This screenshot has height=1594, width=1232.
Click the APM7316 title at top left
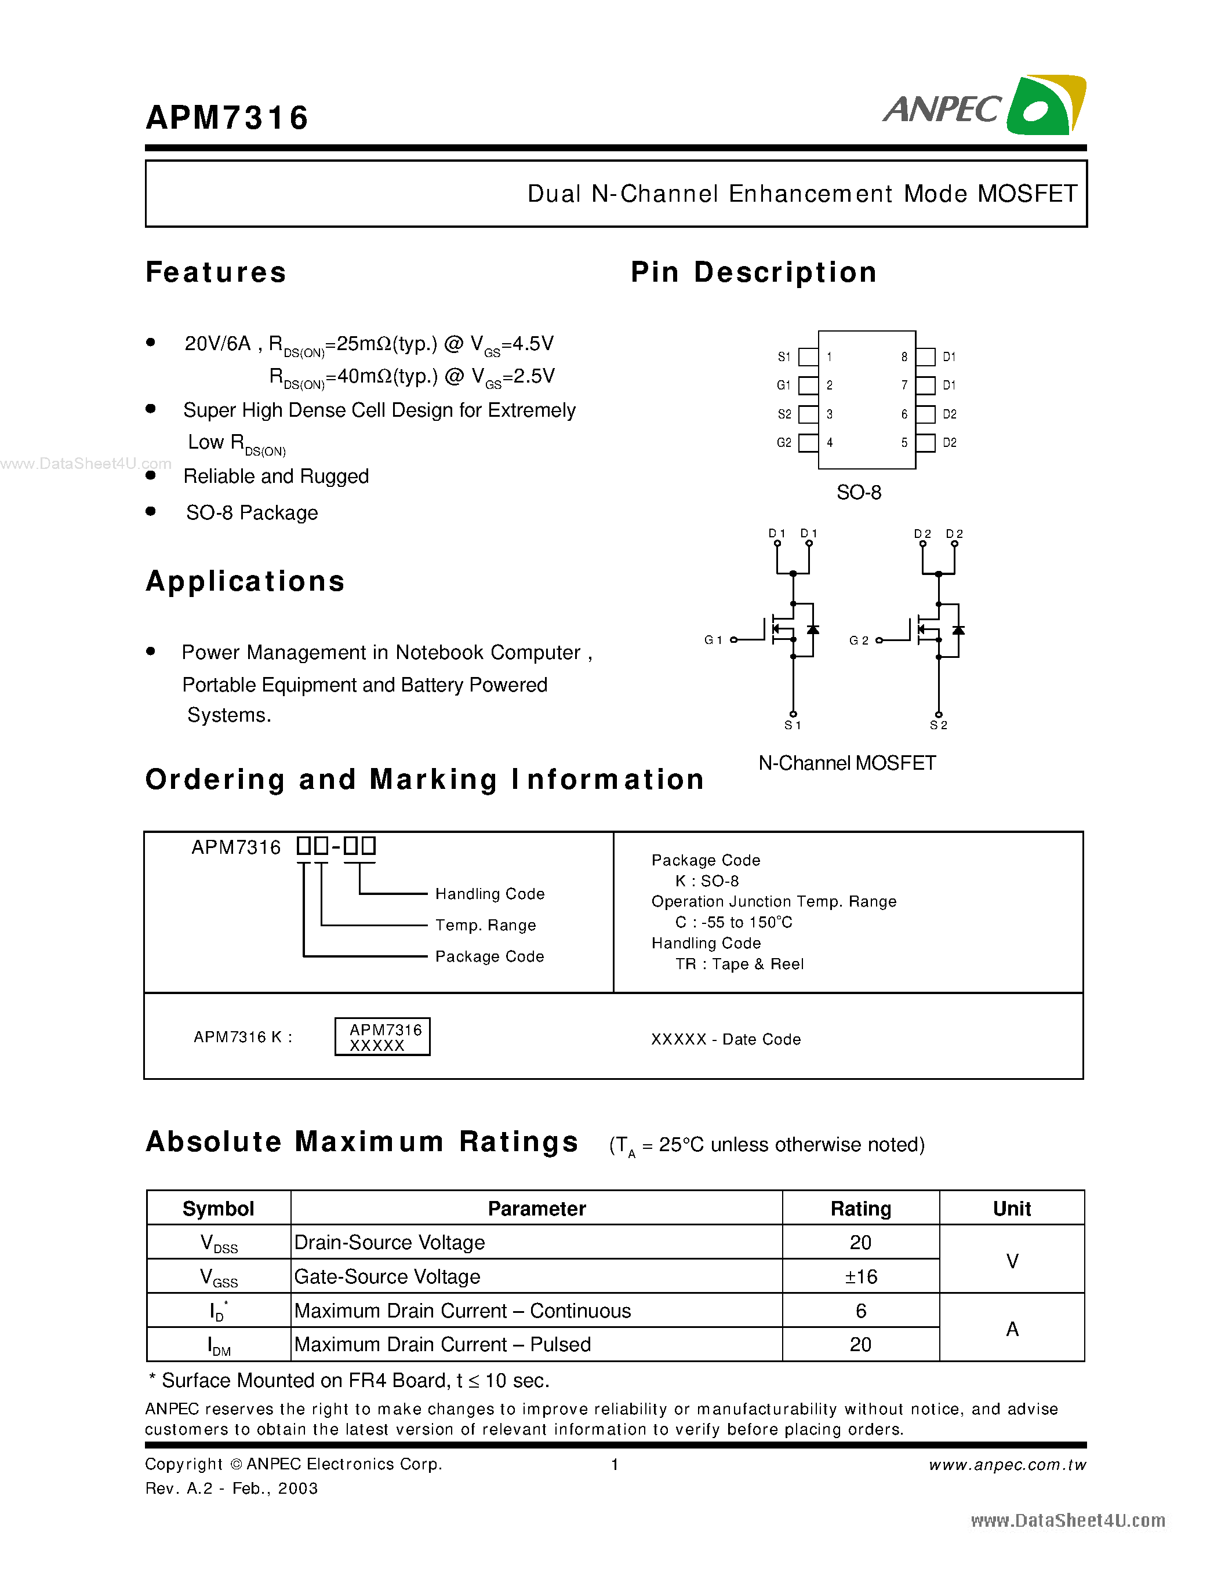tap(227, 118)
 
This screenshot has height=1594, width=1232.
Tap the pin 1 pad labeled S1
tap(808, 357)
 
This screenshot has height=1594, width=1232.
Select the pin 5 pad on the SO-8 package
tap(925, 443)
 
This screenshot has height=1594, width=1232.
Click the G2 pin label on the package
tap(784, 443)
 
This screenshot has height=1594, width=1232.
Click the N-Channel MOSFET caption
tap(846, 763)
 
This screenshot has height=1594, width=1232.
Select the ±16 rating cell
tap(860, 1276)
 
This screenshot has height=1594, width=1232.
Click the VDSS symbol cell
tap(218, 1243)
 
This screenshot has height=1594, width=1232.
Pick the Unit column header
tap(1011, 1209)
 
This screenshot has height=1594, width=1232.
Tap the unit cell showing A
tap(1012, 1329)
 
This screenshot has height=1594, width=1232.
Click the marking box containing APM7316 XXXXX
tap(383, 1037)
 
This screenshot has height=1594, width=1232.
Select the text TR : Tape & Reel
tap(739, 964)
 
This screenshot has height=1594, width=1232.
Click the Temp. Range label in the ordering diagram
tap(485, 926)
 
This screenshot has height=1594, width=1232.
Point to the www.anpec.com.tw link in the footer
tap(1006, 1465)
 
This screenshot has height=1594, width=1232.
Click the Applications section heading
tap(245, 582)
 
